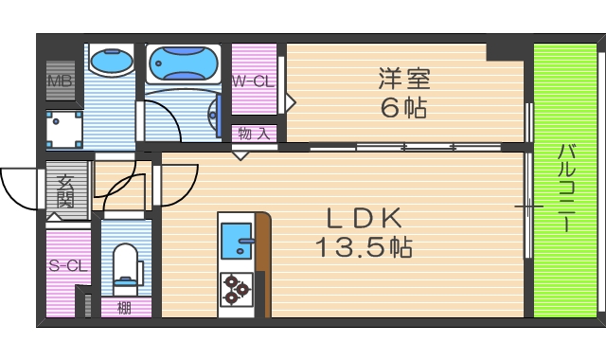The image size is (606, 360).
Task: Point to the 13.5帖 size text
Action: [x=364, y=248]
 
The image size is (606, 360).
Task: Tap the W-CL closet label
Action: [x=253, y=82]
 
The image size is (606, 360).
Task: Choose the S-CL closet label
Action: [x=68, y=266]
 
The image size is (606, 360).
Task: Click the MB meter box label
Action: [x=60, y=82]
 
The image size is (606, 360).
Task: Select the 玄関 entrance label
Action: [x=65, y=190]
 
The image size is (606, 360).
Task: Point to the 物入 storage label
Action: [x=254, y=134]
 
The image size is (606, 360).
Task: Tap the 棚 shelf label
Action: [x=124, y=307]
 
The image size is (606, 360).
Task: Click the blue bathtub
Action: [x=184, y=63]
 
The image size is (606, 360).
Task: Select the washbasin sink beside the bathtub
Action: [x=112, y=63]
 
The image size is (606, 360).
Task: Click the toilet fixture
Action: [x=125, y=264]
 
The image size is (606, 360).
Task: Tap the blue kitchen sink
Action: [x=236, y=239]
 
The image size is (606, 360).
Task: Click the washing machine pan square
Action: [x=65, y=129]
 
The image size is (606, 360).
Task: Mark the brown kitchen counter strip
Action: [x=263, y=265]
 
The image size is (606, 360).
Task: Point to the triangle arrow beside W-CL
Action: [x=292, y=98]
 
